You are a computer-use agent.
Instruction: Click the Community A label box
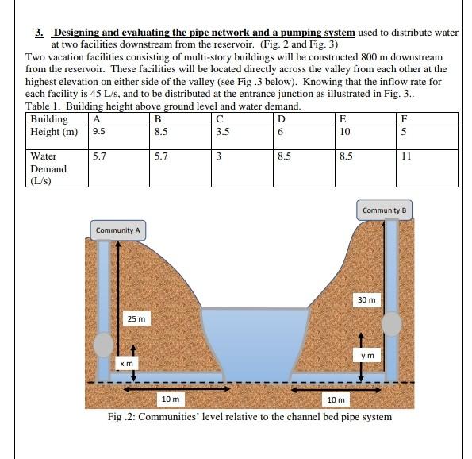coord(117,230)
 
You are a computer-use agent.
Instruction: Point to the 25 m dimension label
coord(136,318)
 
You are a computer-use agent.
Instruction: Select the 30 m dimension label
coord(367,300)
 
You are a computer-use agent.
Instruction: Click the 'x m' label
coord(125,362)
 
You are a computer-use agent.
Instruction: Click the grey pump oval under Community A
coord(104,345)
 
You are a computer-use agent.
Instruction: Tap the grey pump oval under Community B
coord(392,324)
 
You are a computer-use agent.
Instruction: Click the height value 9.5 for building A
coord(99,133)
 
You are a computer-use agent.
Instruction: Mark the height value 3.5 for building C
coord(223,133)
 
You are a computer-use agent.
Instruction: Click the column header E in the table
coord(342,121)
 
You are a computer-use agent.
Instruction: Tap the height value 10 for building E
coord(343,133)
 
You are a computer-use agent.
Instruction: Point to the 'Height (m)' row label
coord(54,133)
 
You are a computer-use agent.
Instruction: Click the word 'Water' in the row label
coord(43,157)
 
